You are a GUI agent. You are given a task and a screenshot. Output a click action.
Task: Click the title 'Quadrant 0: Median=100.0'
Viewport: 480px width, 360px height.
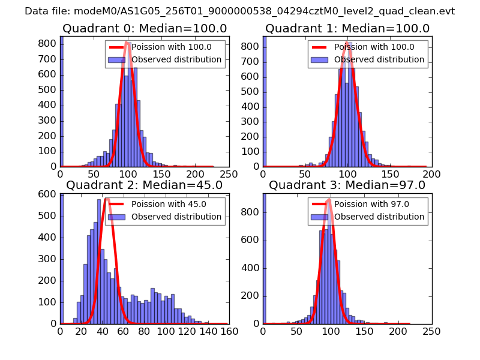145,28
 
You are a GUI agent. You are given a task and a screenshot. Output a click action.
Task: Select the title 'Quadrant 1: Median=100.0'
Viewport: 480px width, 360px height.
347,28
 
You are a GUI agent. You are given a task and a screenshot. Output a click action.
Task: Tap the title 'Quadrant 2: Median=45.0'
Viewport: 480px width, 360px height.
144,185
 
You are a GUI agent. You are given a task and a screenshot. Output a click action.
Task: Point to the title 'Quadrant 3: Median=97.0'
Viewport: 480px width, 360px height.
347,185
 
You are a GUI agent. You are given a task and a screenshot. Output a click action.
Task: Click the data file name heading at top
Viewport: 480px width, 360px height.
239,11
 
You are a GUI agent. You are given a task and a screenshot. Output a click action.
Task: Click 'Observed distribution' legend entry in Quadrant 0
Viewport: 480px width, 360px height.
176,59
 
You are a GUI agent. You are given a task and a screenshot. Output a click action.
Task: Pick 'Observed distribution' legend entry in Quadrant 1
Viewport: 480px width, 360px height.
379,59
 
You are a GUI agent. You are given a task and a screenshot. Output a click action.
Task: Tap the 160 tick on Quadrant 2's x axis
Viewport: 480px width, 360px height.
229,329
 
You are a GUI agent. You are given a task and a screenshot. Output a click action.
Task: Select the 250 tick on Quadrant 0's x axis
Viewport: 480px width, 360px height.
229,172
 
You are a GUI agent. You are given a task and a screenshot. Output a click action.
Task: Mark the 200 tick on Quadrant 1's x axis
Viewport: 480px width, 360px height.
431,172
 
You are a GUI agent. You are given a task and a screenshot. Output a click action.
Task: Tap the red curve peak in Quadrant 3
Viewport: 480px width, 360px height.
329,200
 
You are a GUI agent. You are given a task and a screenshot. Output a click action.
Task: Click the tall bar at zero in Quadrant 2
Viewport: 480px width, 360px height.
62,258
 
